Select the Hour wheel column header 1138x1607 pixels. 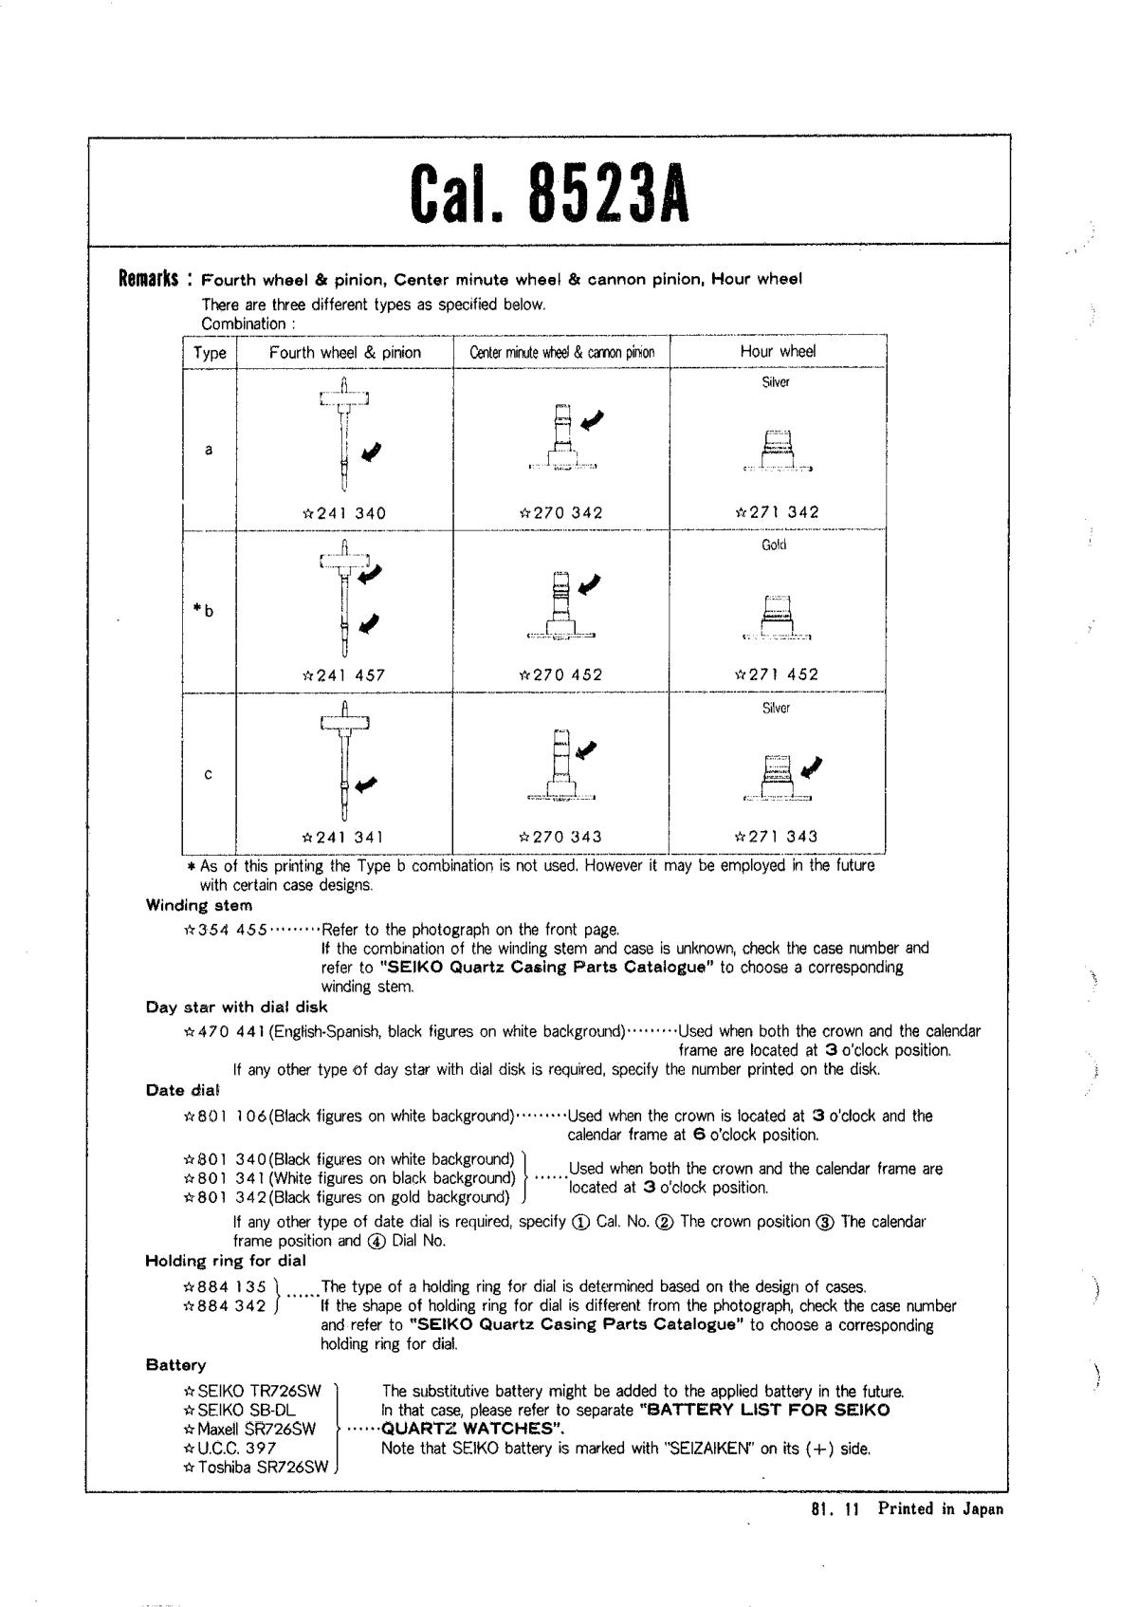[777, 351]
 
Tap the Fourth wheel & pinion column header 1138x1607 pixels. [344, 352]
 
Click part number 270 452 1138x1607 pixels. [560, 675]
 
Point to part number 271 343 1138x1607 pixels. [777, 837]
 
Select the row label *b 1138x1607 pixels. [203, 610]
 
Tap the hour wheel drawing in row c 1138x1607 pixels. [777, 775]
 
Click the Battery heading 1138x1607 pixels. [175, 1365]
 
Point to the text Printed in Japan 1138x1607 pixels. [939, 1509]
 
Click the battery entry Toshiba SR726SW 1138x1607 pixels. [256, 1467]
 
